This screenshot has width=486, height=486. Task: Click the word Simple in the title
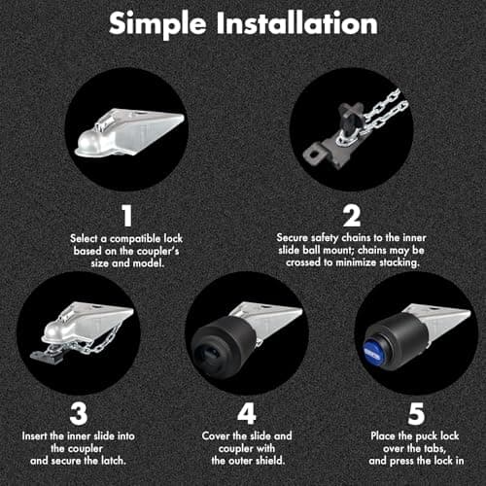[x=157, y=24]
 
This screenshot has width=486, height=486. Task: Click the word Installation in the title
[x=296, y=22]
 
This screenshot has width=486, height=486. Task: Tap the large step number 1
[x=127, y=216]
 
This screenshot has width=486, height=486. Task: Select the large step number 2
[x=352, y=216]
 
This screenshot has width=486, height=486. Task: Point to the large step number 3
[x=79, y=413]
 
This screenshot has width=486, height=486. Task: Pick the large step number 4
[x=247, y=413]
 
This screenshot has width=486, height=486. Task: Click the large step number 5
[x=416, y=413]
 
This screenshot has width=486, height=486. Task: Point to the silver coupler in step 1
[x=129, y=133]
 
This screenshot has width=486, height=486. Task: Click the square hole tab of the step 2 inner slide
[x=313, y=155]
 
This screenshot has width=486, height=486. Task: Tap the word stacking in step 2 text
[x=399, y=262]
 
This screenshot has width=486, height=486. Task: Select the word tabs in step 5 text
[x=434, y=449]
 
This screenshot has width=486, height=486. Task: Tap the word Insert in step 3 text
[x=34, y=436]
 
